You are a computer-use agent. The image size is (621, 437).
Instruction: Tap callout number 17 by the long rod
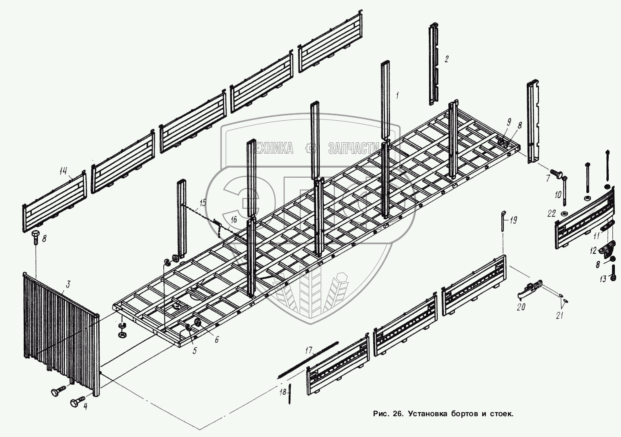point(309,350)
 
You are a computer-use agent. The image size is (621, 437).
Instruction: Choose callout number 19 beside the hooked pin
point(514,221)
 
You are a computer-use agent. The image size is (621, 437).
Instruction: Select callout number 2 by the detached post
point(446,59)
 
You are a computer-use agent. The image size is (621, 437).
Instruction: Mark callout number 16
point(233,220)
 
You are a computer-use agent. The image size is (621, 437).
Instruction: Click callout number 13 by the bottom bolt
point(603,279)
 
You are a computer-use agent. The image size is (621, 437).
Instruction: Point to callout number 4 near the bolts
point(85,406)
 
